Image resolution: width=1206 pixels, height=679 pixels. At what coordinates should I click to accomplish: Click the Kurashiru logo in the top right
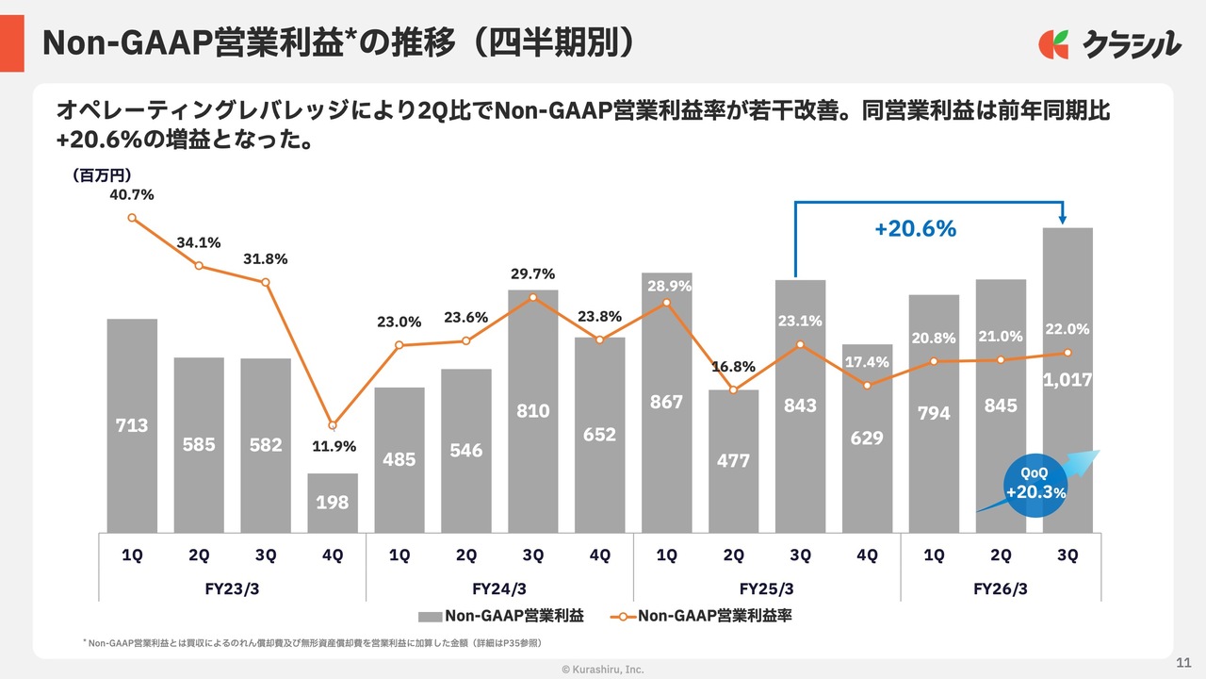click(1109, 43)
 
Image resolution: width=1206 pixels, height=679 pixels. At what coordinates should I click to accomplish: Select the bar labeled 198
click(333, 502)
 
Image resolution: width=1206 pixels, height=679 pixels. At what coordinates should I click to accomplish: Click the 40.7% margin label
click(132, 195)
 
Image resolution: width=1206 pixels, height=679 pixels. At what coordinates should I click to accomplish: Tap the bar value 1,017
click(1067, 380)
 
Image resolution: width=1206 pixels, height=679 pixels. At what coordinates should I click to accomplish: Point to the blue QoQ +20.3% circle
click(1035, 486)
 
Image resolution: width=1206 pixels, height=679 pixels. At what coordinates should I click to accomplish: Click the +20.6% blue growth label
click(915, 228)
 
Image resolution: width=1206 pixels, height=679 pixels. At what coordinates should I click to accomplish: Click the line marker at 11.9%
click(333, 425)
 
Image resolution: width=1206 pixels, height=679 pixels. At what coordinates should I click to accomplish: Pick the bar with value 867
click(666, 402)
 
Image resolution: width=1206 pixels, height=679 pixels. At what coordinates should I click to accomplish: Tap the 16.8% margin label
click(733, 366)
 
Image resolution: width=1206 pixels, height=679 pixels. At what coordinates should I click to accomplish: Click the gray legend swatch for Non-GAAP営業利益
click(430, 617)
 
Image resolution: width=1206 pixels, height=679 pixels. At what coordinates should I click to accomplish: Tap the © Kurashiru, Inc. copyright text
click(603, 669)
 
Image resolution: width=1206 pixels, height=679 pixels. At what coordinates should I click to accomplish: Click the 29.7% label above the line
click(532, 273)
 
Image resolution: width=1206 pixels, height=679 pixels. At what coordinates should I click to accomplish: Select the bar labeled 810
click(532, 411)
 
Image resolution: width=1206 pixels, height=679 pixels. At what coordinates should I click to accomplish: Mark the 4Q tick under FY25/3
click(867, 555)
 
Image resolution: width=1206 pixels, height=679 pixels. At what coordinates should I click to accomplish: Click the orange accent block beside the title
click(12, 43)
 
